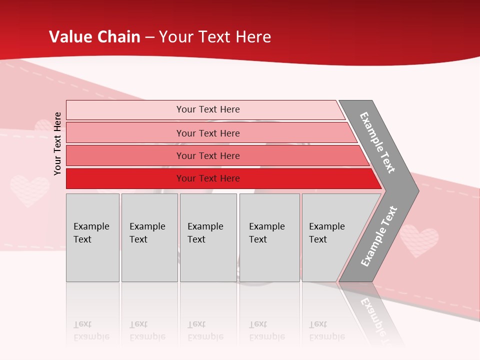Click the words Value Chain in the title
[x=94, y=37]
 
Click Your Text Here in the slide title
[x=214, y=37]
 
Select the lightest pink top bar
[x=150, y=109]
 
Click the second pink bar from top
[x=150, y=133]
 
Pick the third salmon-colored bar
[x=150, y=155]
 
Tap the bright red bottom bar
[x=125, y=178]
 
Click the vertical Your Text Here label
[x=57, y=143]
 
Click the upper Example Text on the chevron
[x=377, y=142]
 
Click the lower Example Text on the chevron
[x=379, y=236]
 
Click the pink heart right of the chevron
[x=419, y=240]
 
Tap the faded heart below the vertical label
[x=29, y=190]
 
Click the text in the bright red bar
[x=208, y=178]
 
